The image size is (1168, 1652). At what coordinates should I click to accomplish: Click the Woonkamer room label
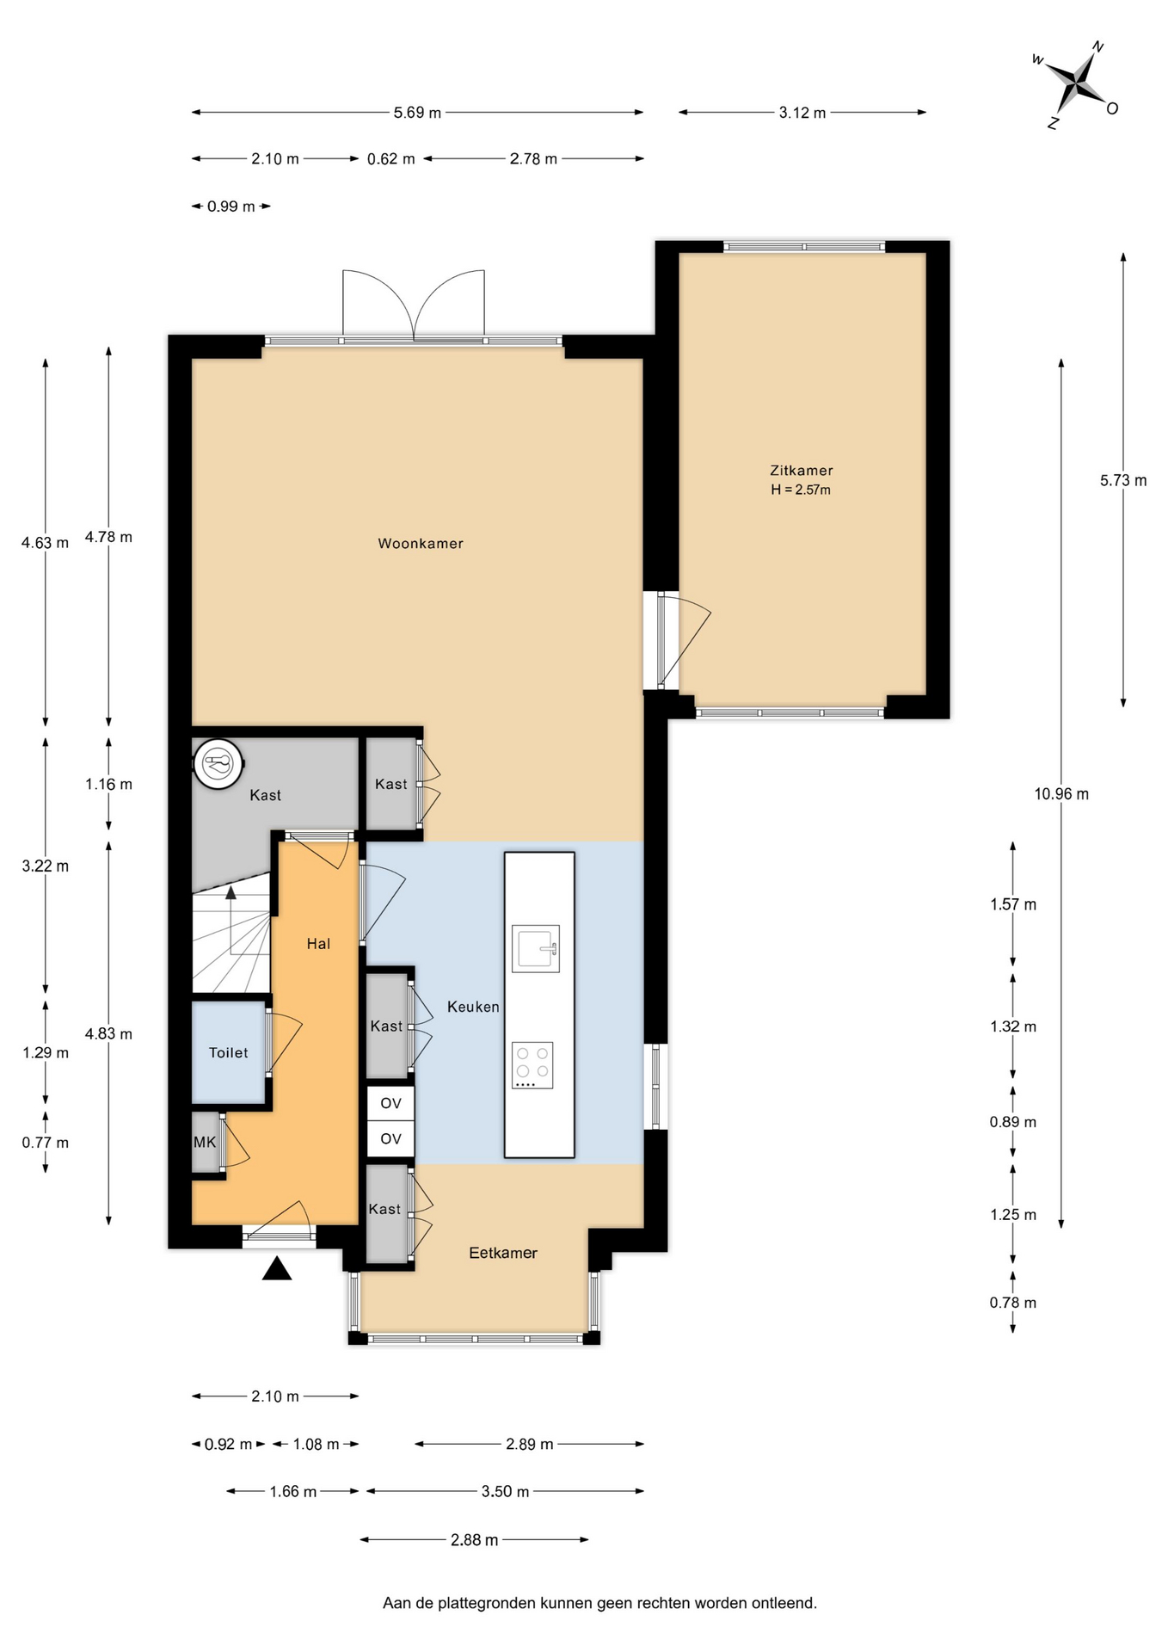tap(421, 544)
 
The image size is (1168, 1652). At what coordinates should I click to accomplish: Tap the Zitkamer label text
tap(802, 471)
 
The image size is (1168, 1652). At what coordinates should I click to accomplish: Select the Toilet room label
tap(228, 1053)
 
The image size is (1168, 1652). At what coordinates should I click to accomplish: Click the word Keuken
tap(473, 1007)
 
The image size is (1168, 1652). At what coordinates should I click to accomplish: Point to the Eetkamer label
tap(503, 1254)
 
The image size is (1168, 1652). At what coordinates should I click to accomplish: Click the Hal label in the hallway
tap(318, 944)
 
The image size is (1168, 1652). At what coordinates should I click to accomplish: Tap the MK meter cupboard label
tap(205, 1143)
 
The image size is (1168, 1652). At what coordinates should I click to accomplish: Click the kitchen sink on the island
tap(536, 948)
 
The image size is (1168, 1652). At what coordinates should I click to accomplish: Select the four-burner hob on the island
tap(532, 1065)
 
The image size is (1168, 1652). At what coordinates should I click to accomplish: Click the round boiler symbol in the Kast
tap(218, 764)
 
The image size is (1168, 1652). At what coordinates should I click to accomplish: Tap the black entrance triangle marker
tap(277, 1269)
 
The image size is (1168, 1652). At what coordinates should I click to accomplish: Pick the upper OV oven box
tap(391, 1103)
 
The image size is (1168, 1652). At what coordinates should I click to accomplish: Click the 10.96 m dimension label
tap(1061, 794)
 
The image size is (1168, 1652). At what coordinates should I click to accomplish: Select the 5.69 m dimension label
tap(417, 113)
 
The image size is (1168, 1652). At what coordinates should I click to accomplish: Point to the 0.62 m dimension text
tap(391, 159)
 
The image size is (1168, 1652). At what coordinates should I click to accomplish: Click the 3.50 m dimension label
tap(505, 1491)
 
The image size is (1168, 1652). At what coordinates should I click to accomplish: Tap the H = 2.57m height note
tap(801, 490)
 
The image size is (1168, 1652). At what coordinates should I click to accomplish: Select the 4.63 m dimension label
tap(46, 543)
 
